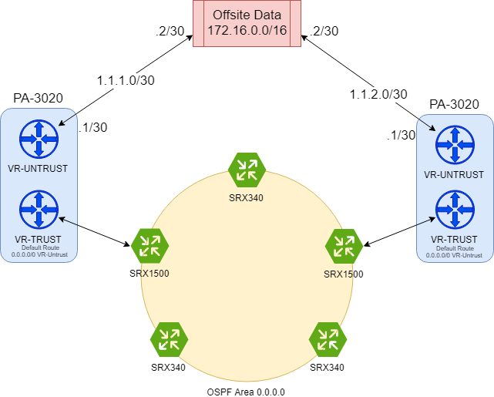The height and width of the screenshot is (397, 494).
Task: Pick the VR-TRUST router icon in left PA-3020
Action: [38, 207]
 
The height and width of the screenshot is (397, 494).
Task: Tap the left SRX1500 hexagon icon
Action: [149, 244]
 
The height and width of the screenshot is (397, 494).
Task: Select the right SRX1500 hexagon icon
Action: [343, 246]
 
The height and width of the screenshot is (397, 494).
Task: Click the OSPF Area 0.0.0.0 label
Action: [247, 392]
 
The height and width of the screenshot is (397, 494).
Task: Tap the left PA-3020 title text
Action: [38, 99]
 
